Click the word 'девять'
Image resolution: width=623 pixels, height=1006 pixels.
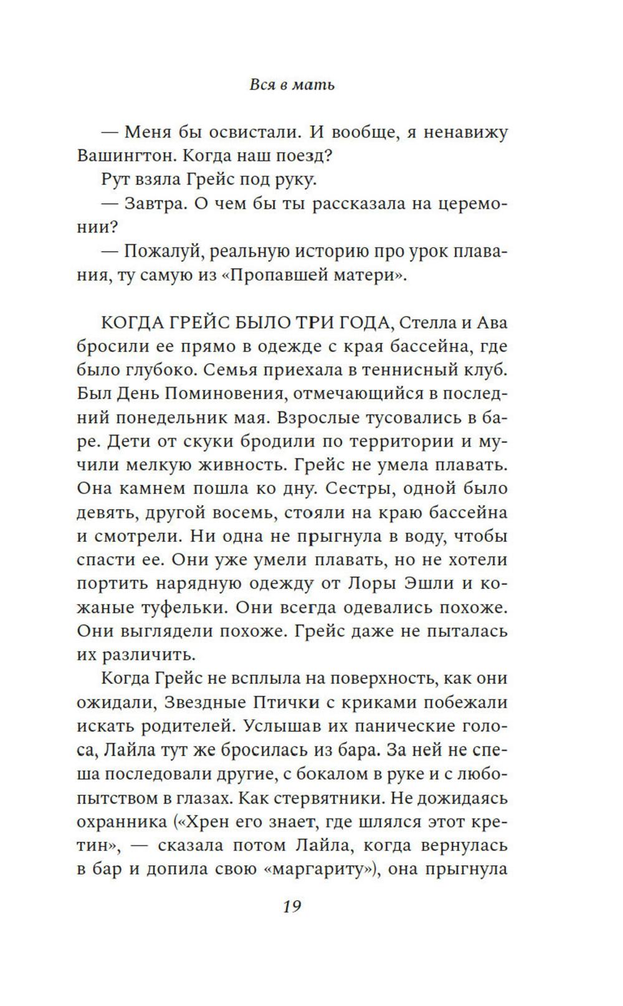(x=103, y=513)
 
